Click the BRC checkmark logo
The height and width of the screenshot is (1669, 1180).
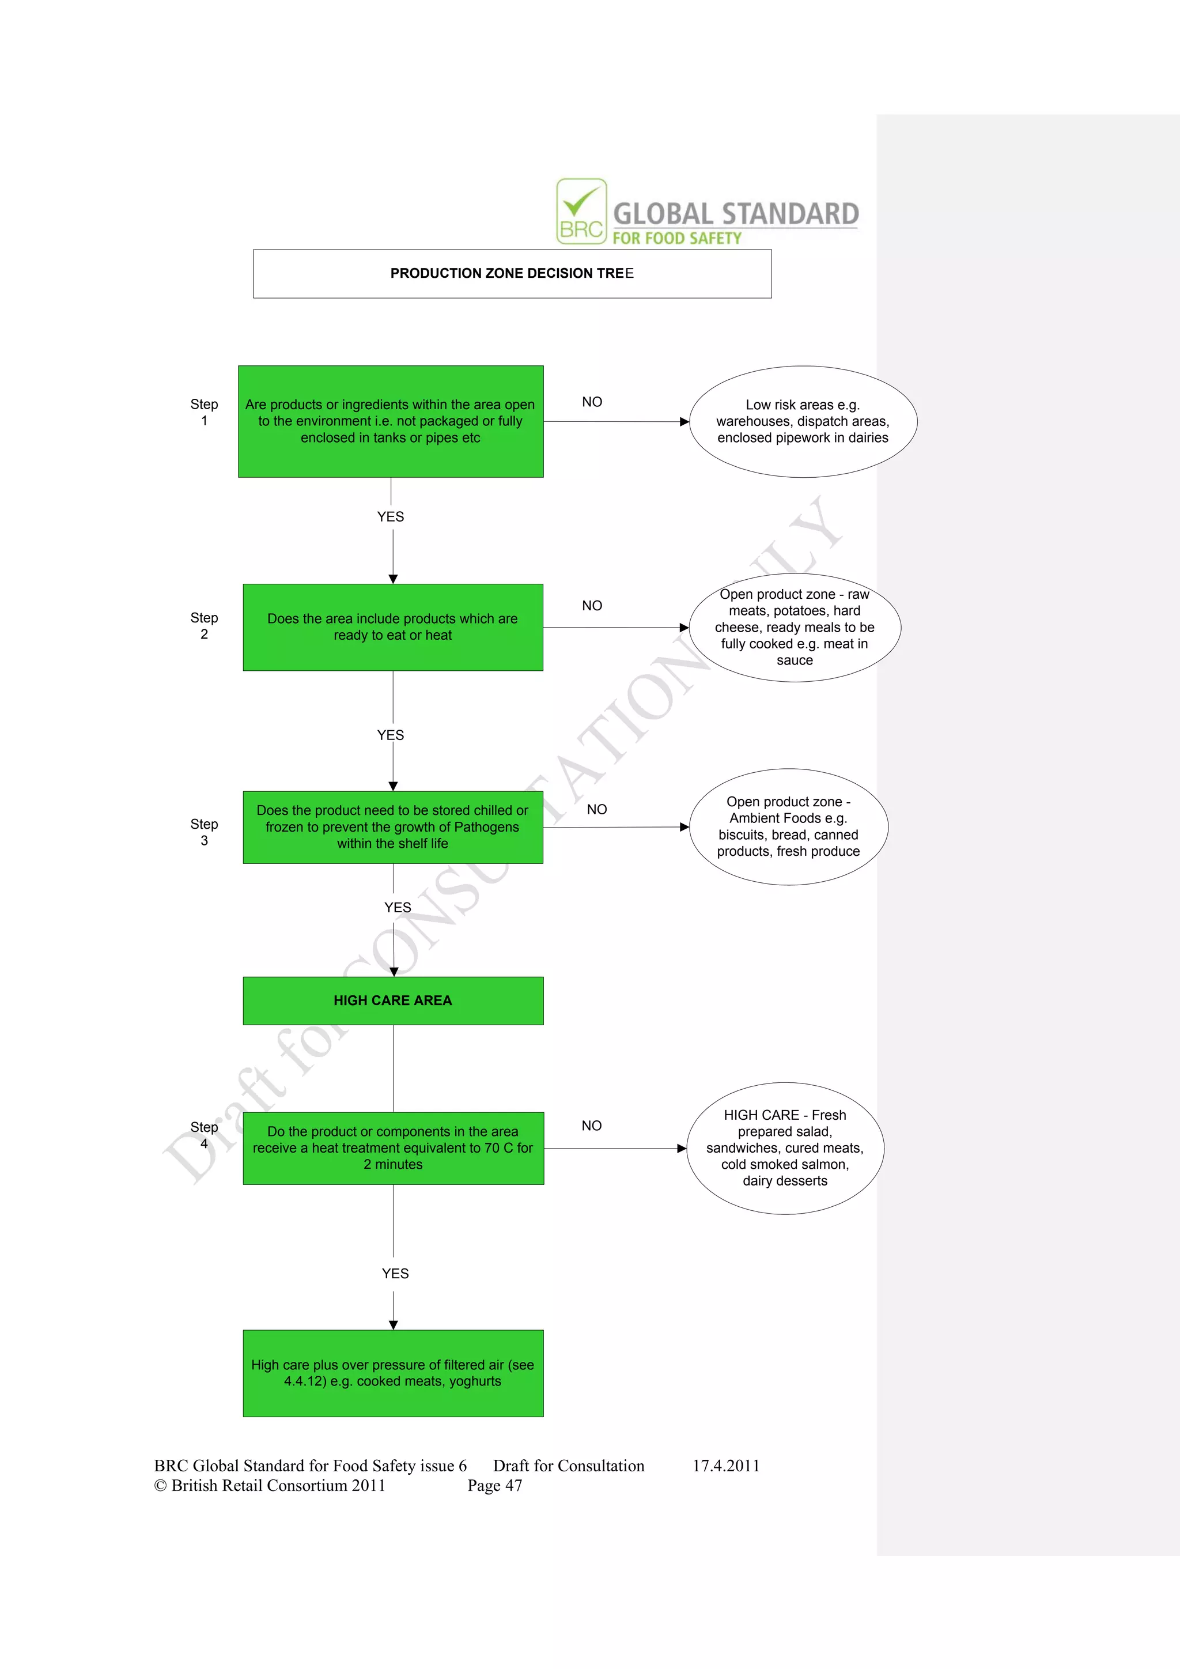581,211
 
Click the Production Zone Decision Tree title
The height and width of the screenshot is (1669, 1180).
512,273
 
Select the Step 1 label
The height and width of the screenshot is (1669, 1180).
204,412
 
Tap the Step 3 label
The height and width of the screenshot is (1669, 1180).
204,832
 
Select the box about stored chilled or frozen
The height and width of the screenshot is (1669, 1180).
392,826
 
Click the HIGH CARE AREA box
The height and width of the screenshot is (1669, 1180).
392,1000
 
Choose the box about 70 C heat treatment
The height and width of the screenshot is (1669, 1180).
392,1148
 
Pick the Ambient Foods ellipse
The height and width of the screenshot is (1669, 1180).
788,826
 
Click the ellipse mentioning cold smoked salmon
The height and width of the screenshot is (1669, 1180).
785,1148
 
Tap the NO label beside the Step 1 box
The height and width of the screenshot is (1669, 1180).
592,402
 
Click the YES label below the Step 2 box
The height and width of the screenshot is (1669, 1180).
390,735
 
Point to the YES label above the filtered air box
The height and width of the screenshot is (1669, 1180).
395,1274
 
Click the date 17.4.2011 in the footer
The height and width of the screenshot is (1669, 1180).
725,1466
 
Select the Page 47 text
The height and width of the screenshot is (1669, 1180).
494,1485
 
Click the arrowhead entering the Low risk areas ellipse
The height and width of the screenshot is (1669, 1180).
684,422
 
